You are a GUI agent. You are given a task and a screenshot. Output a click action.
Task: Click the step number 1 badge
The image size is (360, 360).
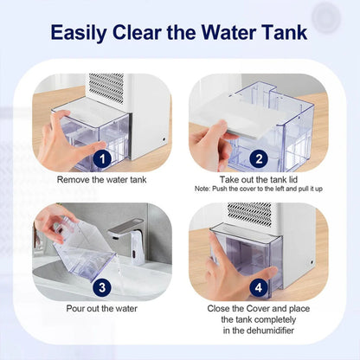pyautogui.click(x=102, y=159)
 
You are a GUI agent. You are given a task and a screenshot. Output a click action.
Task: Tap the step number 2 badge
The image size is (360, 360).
pyautogui.click(x=259, y=159)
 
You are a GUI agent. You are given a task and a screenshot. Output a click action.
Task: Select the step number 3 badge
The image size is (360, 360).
pyautogui.click(x=102, y=287)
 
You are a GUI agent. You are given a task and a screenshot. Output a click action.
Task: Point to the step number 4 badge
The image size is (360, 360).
pyautogui.click(x=259, y=287)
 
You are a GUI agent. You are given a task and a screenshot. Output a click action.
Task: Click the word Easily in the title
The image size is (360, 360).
pyautogui.click(x=79, y=32)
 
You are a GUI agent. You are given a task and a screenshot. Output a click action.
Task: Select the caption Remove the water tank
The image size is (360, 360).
pyautogui.click(x=101, y=180)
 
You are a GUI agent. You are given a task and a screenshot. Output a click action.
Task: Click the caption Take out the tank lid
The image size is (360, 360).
pyautogui.click(x=259, y=180)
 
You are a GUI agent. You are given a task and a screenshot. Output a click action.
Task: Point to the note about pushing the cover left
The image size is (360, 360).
pyautogui.click(x=259, y=189)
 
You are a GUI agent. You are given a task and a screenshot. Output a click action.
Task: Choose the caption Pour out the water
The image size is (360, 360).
pyautogui.click(x=102, y=308)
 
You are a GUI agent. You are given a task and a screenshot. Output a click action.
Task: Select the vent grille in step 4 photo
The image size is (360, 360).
pyautogui.click(x=249, y=215)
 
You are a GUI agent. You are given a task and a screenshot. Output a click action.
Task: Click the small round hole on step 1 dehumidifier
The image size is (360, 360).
pyautogui.click(x=164, y=139)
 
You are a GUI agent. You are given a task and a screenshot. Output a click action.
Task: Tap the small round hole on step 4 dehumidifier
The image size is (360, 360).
pyautogui.click(x=312, y=263)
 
